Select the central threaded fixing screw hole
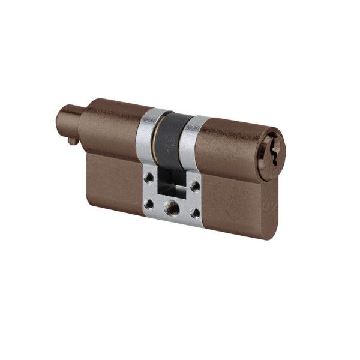coord(172,207)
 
